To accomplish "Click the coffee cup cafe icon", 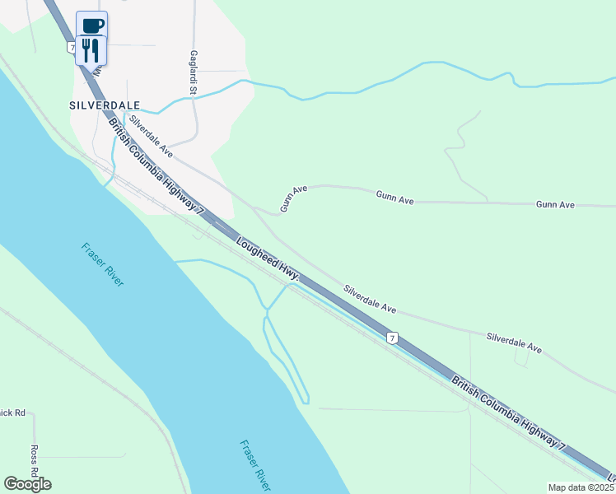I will pyautogui.click(x=92, y=25).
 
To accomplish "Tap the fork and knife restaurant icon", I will pyautogui.click(x=91, y=49).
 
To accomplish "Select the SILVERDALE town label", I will pyautogui.click(x=105, y=106).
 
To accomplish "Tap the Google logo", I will pyautogui.click(x=27, y=483).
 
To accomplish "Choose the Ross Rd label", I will pyautogui.click(x=35, y=460).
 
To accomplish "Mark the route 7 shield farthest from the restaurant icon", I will pyautogui.click(x=394, y=338).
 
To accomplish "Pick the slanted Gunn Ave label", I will pyautogui.click(x=292, y=198).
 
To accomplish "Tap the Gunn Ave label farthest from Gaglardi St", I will pyautogui.click(x=555, y=204).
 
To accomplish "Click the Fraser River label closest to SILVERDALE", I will pyautogui.click(x=103, y=264).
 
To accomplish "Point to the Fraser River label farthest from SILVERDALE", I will pyautogui.click(x=254, y=465).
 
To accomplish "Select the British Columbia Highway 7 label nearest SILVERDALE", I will pyautogui.click(x=156, y=165).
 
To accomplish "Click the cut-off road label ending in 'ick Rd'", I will pyautogui.click(x=13, y=412).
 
